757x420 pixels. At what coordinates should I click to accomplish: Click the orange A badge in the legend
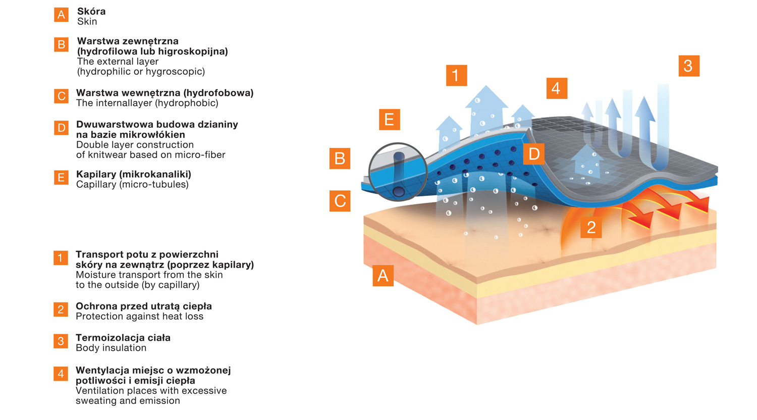(61, 15)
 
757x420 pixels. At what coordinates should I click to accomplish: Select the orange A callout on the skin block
(383, 276)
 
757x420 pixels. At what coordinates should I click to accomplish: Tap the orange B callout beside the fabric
(340, 159)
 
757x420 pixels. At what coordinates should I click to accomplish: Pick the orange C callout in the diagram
(340, 201)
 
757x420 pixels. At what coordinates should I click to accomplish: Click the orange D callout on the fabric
(534, 154)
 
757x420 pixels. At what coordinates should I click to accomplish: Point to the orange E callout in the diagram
(389, 120)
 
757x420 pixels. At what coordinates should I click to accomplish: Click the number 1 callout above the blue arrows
(456, 76)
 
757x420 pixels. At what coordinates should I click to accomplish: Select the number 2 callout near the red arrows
(591, 228)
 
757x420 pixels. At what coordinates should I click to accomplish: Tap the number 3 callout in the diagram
(688, 66)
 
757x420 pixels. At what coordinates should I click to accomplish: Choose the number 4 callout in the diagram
(557, 88)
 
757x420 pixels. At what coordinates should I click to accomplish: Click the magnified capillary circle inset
(398, 172)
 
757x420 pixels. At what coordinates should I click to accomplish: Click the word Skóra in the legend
(91, 11)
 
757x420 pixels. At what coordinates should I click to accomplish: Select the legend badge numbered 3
(61, 341)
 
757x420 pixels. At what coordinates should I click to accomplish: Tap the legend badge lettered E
(61, 178)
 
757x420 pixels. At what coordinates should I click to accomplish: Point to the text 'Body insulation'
(111, 348)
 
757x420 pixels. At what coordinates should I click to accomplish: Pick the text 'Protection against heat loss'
(139, 317)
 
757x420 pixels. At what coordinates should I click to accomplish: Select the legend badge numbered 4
(61, 374)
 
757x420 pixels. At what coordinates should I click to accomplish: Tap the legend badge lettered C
(61, 96)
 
